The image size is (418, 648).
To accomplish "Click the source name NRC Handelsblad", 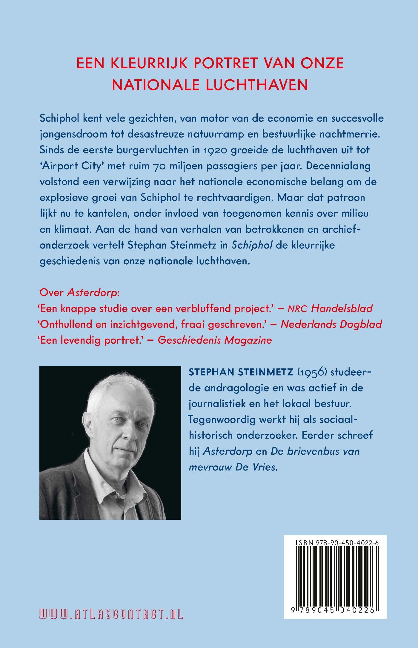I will click(x=330, y=308).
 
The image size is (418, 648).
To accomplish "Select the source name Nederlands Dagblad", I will click(x=331, y=324).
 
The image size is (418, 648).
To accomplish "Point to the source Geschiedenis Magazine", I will click(x=215, y=340).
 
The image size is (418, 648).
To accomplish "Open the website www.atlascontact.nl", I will click(x=111, y=614).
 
